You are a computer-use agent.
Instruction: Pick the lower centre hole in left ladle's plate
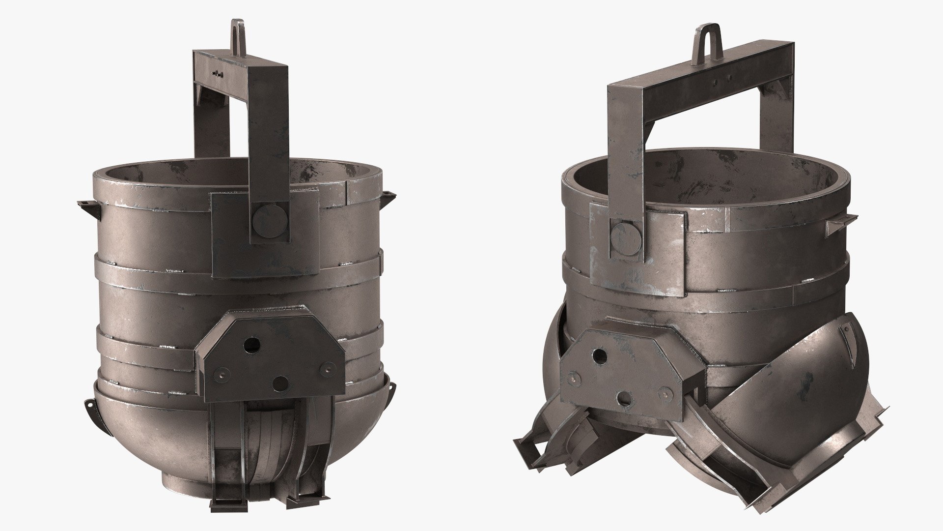(x=281, y=383)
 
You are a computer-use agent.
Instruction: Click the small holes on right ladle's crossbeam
(x=721, y=83)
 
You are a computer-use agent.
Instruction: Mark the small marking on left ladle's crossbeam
(x=216, y=74)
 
